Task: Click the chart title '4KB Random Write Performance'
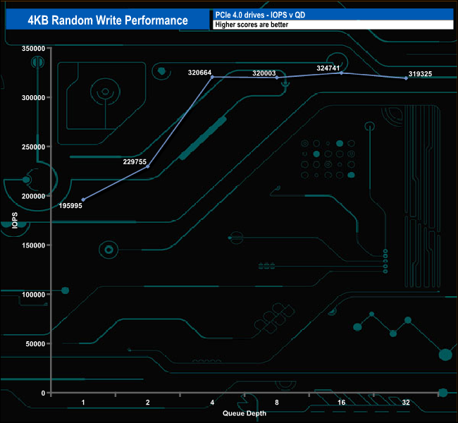click(x=107, y=20)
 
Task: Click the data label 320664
click(x=200, y=72)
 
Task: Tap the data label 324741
click(x=330, y=68)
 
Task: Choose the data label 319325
click(x=421, y=74)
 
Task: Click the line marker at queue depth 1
click(x=83, y=200)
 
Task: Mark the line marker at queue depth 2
click(x=147, y=166)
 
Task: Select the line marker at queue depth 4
click(x=212, y=77)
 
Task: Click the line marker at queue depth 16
click(x=342, y=73)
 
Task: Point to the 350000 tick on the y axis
click(x=34, y=49)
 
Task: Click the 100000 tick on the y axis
click(x=34, y=295)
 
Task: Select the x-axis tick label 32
click(x=406, y=403)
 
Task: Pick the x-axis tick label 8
click(x=277, y=403)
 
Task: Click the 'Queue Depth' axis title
click(x=245, y=413)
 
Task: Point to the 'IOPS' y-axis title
click(x=15, y=220)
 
